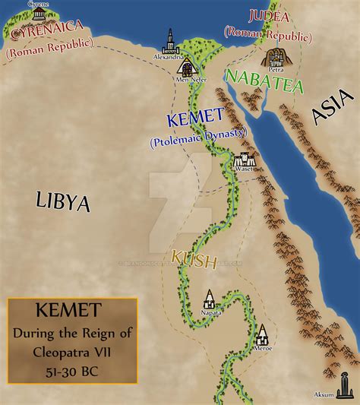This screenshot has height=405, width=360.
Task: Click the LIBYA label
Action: (x=63, y=202)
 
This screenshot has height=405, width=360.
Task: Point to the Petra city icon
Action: (x=276, y=57)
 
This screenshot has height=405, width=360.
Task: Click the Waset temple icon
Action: (x=244, y=161)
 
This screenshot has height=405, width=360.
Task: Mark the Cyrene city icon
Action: (x=16, y=11)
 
